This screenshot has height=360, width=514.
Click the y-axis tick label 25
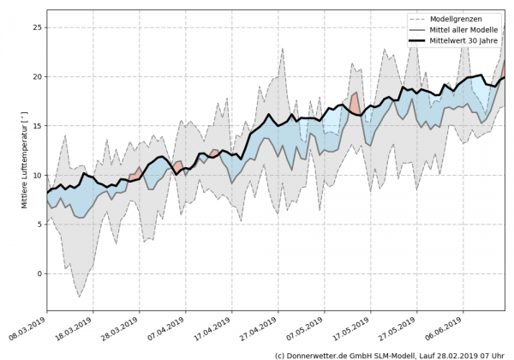(36, 27)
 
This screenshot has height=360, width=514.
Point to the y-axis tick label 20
(36, 76)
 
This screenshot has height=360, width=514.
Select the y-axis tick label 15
(36, 126)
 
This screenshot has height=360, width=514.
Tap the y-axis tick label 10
(36, 175)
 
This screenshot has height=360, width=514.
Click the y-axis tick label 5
(39, 225)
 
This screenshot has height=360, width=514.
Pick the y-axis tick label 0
(39, 273)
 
